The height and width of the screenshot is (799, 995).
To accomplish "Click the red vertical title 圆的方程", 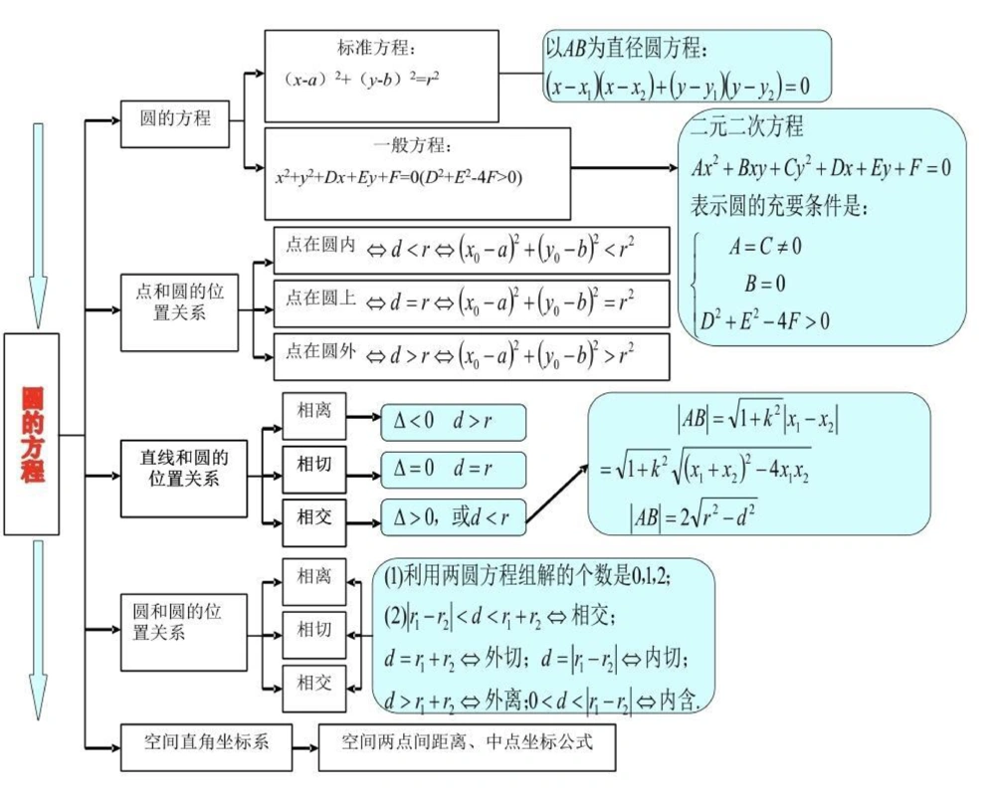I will click(33, 434).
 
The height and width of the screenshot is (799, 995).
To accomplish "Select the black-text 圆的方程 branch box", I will click(175, 119).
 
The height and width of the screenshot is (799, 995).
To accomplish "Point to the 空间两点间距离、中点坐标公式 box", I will click(467, 742).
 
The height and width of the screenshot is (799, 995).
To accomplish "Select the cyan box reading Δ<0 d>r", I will click(453, 422).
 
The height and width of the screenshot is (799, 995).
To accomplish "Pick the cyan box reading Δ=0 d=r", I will click(453, 469).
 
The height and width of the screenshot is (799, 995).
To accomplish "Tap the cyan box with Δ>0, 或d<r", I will click(453, 516).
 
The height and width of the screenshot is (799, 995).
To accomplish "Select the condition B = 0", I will click(765, 284).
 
